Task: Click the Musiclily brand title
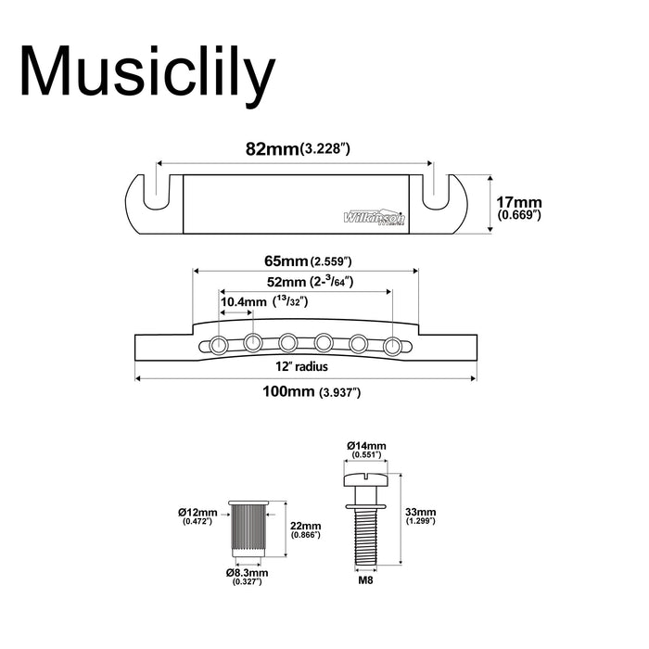tap(147, 71)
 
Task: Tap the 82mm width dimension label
tap(296, 148)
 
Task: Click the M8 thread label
tap(363, 585)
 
